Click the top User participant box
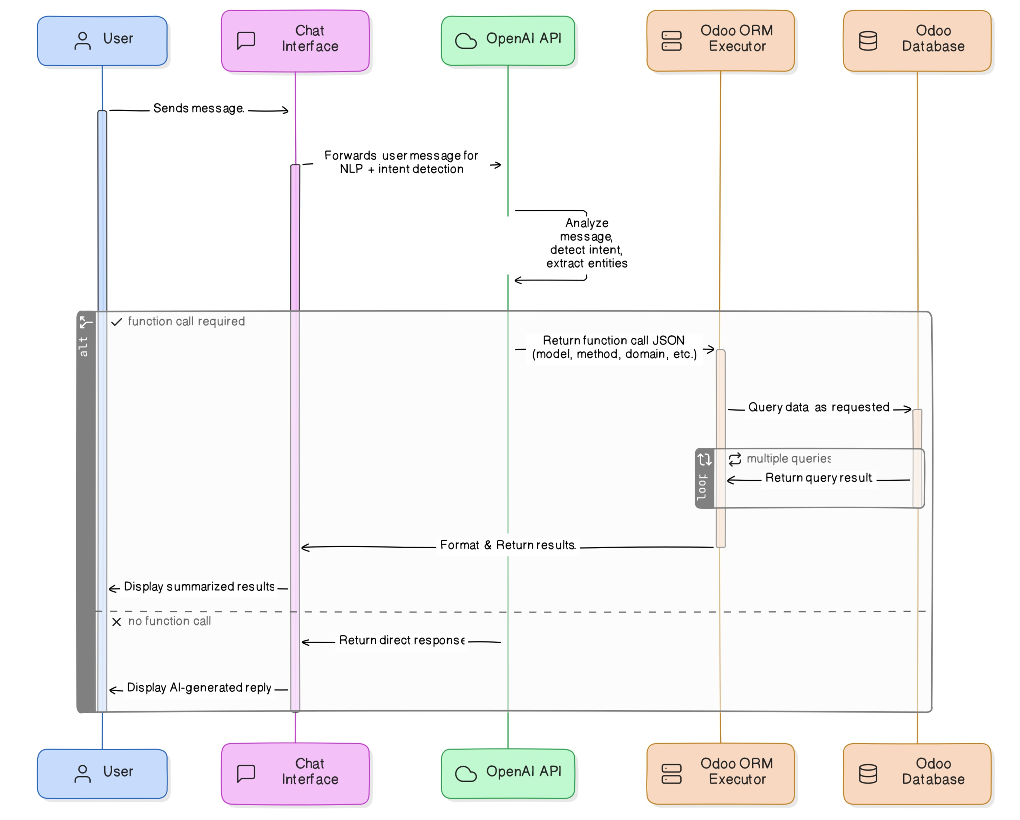pyautogui.click(x=102, y=41)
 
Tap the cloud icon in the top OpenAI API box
pyautogui.click(x=466, y=41)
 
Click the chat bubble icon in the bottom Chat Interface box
pyautogui.click(x=246, y=774)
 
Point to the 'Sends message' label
pyautogui.click(x=198, y=108)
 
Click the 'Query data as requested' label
pyautogui.click(x=818, y=408)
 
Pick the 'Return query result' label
pyautogui.click(x=818, y=478)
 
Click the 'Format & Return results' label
pyautogui.click(x=508, y=545)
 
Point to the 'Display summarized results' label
pyautogui.click(x=199, y=587)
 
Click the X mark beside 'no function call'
pyautogui.click(x=116, y=622)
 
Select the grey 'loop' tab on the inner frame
pyautogui.click(x=704, y=479)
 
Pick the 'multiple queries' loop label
pyautogui.click(x=788, y=459)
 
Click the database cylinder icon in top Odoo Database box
pyautogui.click(x=868, y=41)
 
